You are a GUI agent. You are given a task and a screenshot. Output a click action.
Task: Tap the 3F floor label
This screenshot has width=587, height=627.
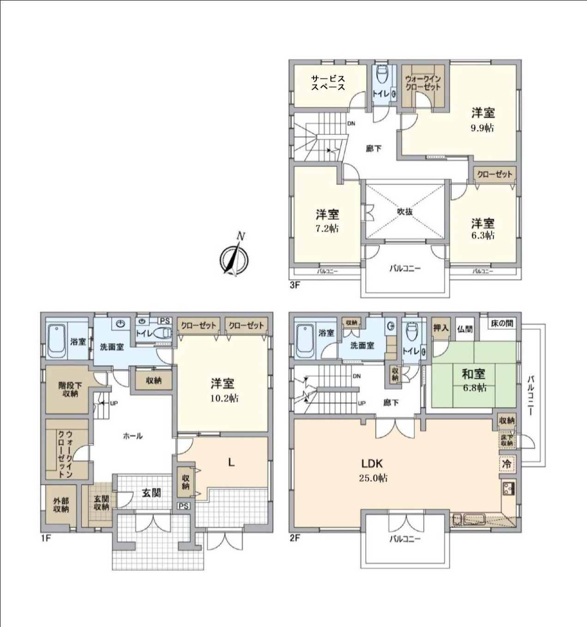(295, 285)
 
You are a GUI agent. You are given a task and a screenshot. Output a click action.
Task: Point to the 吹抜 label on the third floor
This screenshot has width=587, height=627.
(405, 211)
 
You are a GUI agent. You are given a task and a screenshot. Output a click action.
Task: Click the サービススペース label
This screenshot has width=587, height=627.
(327, 83)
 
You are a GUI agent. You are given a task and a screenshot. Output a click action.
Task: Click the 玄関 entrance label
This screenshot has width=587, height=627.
(151, 493)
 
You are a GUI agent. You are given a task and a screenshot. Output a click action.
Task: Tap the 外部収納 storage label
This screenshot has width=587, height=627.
(61, 505)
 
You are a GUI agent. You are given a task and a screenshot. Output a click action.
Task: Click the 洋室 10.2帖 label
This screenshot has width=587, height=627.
(223, 390)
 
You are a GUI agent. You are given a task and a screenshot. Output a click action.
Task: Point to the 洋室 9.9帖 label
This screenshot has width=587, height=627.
(483, 120)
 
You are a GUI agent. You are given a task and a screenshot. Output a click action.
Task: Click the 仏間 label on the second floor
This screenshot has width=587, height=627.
(465, 329)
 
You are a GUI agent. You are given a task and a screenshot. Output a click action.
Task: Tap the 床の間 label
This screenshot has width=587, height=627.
(502, 323)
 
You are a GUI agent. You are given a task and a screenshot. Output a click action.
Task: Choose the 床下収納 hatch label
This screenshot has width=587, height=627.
(507, 440)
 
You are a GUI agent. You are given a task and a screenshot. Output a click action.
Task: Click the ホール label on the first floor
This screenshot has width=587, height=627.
(133, 436)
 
